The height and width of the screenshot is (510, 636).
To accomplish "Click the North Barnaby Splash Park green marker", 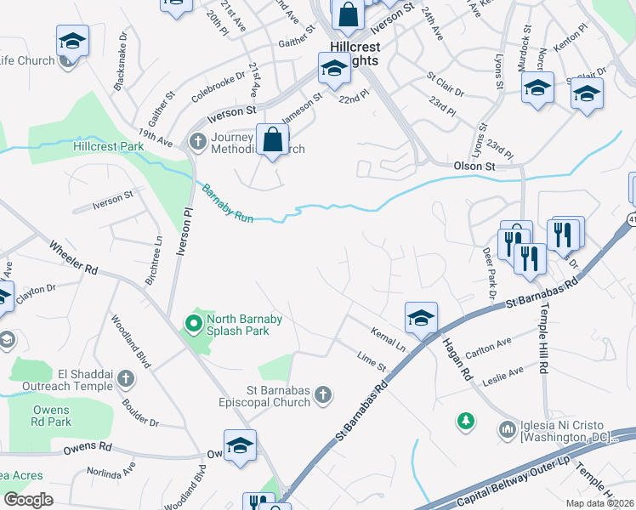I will click(x=193, y=323).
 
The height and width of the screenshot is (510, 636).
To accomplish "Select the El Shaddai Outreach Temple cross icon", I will click(x=125, y=377).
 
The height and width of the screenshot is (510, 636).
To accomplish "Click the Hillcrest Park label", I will click(x=109, y=146).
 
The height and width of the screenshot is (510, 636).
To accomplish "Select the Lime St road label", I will click(x=372, y=360).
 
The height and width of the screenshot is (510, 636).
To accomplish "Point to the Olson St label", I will click(x=474, y=167).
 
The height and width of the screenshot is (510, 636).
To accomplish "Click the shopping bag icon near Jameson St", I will click(x=272, y=140).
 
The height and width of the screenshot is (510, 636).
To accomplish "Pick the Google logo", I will click(x=28, y=500).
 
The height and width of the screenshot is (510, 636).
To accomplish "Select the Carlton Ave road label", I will click(x=489, y=347).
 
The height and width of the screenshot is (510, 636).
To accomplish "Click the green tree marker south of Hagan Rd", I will click(x=465, y=420).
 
